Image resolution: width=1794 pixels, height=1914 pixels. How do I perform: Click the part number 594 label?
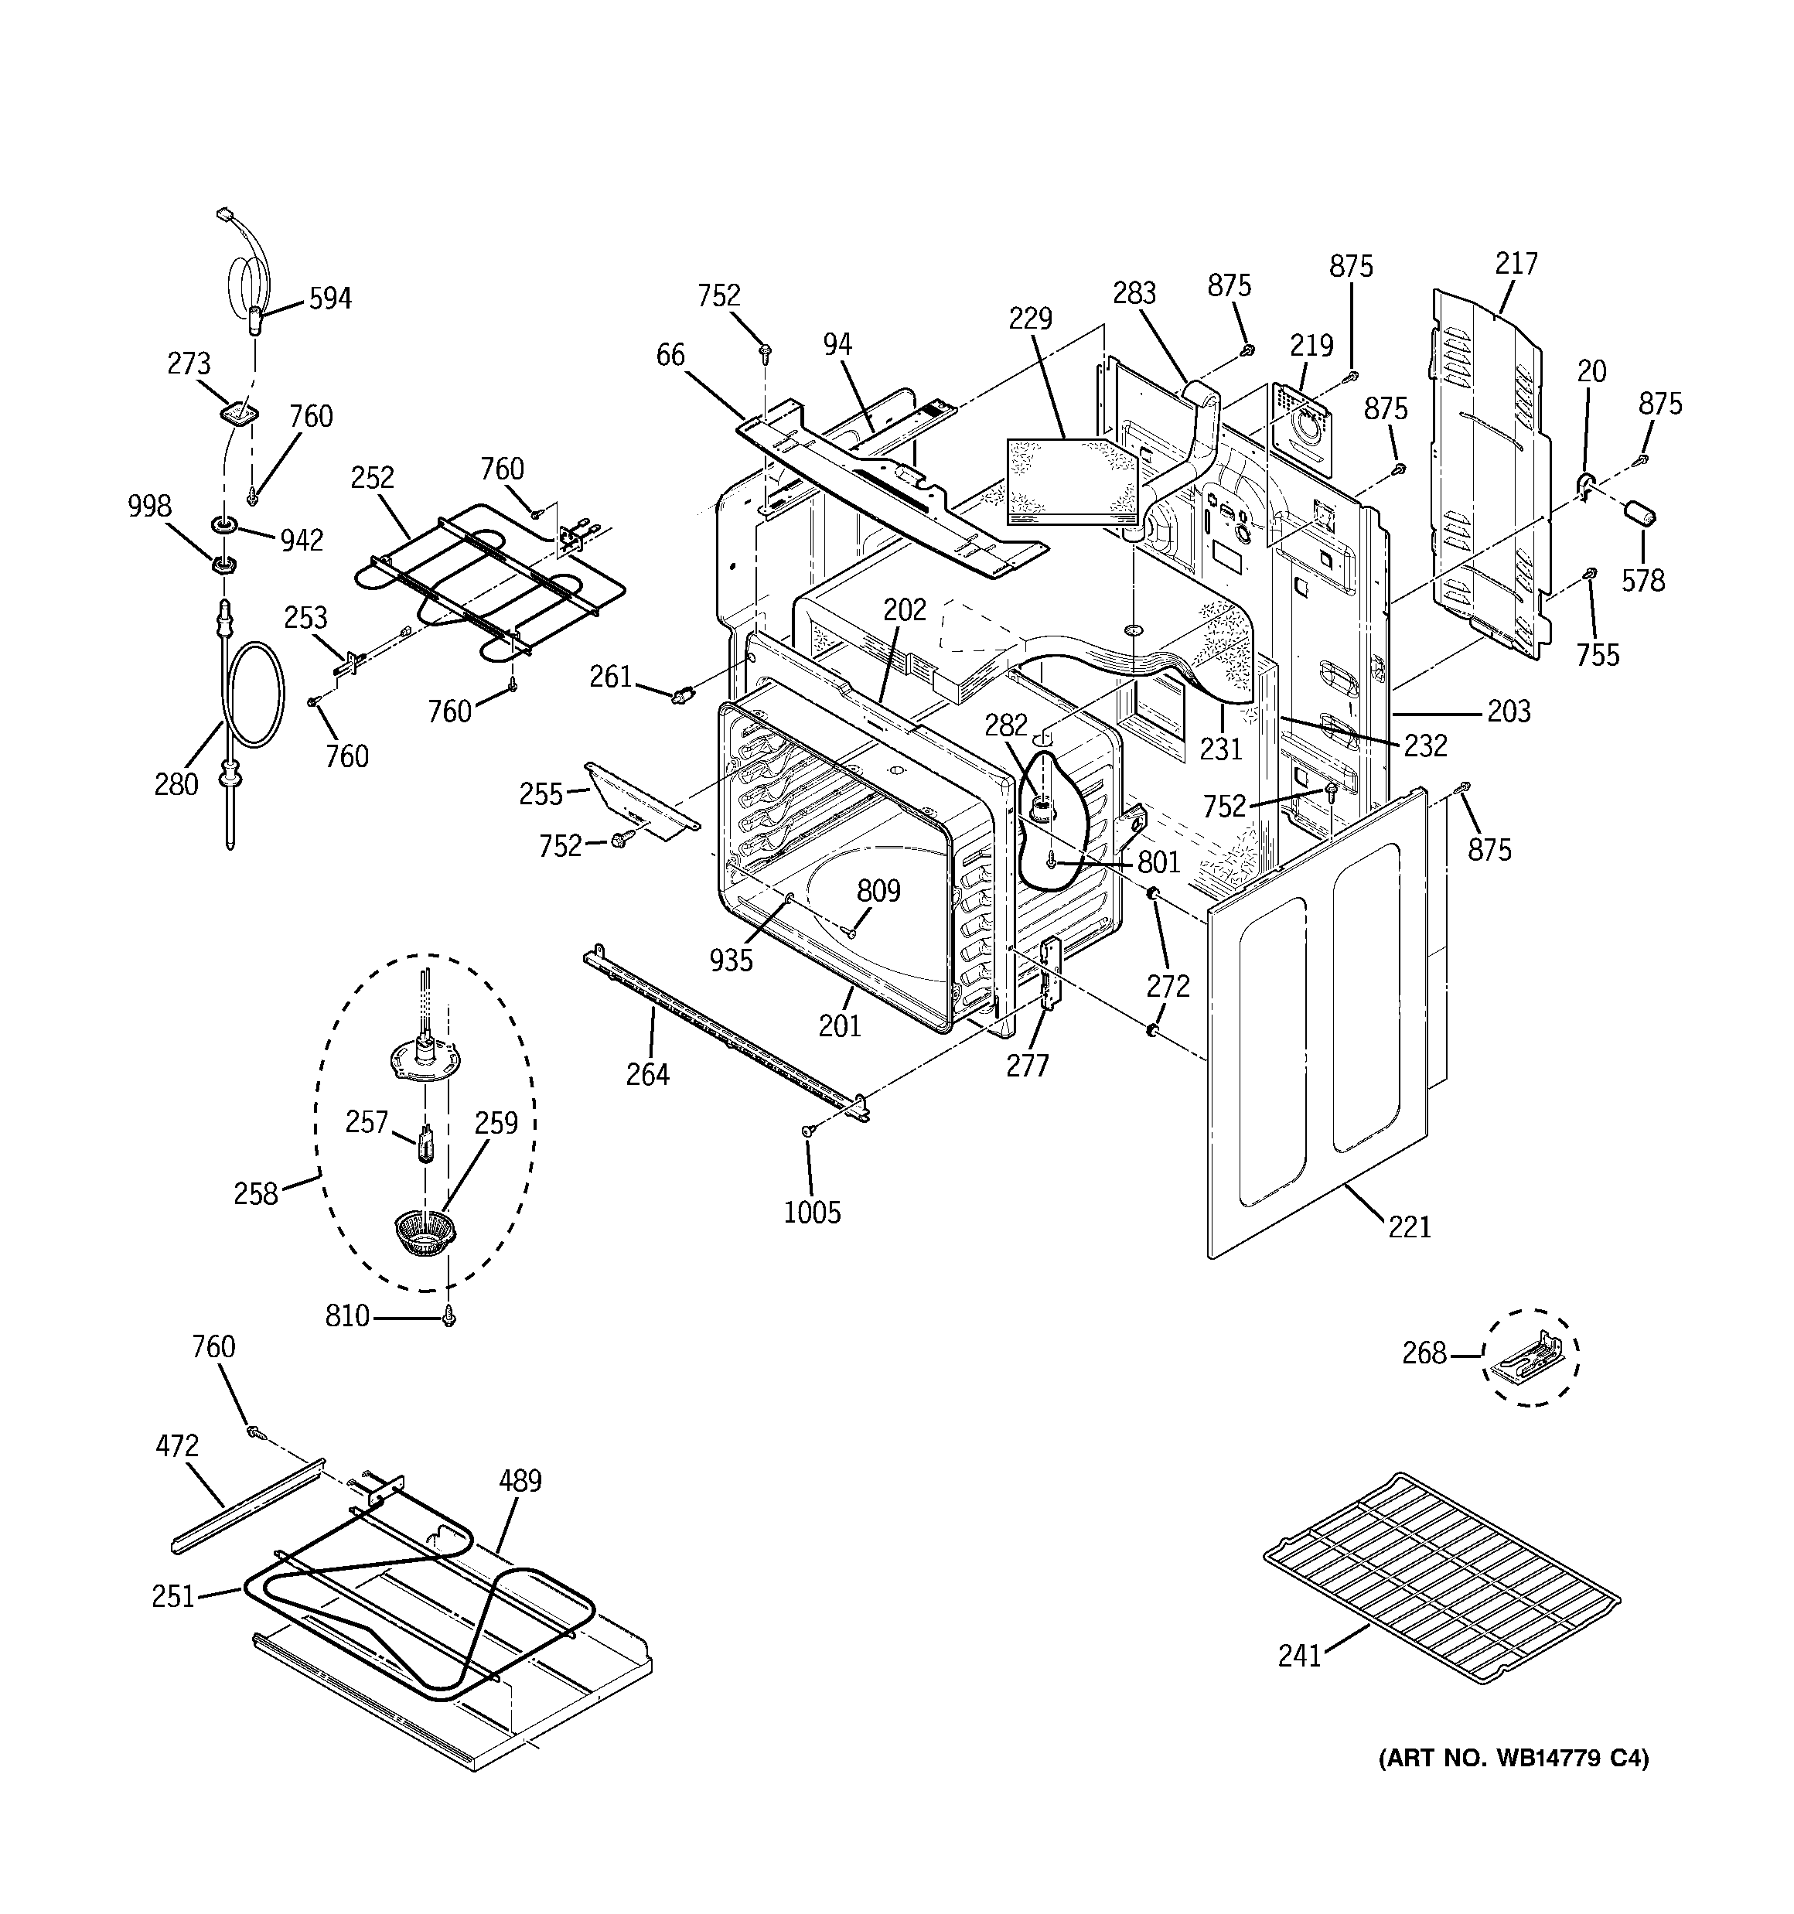tap(329, 299)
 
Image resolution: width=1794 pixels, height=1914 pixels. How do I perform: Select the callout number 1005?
tap(812, 1212)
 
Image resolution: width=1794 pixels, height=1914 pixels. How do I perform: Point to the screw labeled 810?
tap(448, 1317)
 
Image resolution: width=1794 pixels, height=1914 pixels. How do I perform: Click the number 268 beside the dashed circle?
tap(1424, 1353)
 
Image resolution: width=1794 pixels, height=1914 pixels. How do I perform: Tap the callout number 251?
tap(173, 1596)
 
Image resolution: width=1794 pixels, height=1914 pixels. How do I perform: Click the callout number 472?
tap(177, 1446)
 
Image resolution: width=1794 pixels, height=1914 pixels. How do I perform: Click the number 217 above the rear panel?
tap(1516, 263)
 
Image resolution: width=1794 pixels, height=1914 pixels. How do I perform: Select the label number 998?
tap(149, 507)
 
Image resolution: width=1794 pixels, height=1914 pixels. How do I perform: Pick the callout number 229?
tap(1030, 319)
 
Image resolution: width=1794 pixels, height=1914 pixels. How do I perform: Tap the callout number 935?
tap(731, 960)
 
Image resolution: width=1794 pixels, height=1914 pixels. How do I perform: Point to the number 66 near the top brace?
tap(670, 355)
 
